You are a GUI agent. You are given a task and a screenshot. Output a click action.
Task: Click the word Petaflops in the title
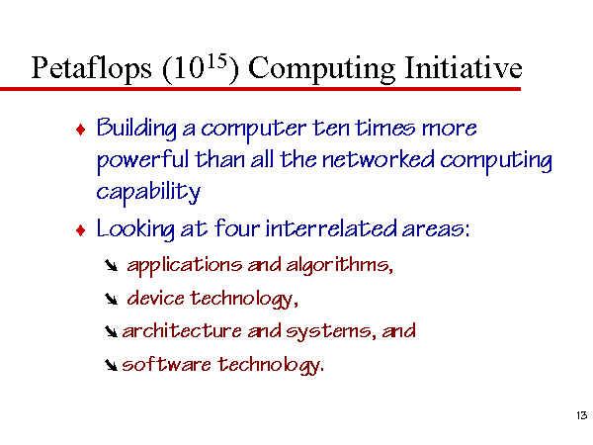91,68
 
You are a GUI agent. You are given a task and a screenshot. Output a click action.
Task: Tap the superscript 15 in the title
217,61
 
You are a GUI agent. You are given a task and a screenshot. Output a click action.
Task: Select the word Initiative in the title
464,67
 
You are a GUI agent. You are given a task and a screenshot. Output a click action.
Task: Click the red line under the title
260,89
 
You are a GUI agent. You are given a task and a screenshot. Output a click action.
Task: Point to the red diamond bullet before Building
81,130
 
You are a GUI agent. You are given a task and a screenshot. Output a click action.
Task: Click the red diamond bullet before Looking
81,230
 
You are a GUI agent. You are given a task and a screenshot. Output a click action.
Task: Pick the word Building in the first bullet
136,129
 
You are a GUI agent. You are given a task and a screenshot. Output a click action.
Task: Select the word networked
379,159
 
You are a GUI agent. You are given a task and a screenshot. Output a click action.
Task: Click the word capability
148,193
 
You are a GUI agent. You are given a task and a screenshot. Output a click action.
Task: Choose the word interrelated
331,228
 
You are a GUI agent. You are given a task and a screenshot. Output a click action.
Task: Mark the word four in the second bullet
237,228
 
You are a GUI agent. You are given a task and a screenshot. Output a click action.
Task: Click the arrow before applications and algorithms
111,265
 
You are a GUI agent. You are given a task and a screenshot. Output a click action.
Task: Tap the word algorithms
339,265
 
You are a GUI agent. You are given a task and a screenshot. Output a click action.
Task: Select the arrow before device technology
111,299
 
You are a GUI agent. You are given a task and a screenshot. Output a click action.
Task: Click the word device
155,298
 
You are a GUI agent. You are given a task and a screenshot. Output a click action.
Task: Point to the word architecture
182,331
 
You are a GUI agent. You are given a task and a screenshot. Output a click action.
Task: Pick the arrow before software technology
111,365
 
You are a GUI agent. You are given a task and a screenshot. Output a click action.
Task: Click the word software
166,364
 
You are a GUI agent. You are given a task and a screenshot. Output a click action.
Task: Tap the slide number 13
582,415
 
